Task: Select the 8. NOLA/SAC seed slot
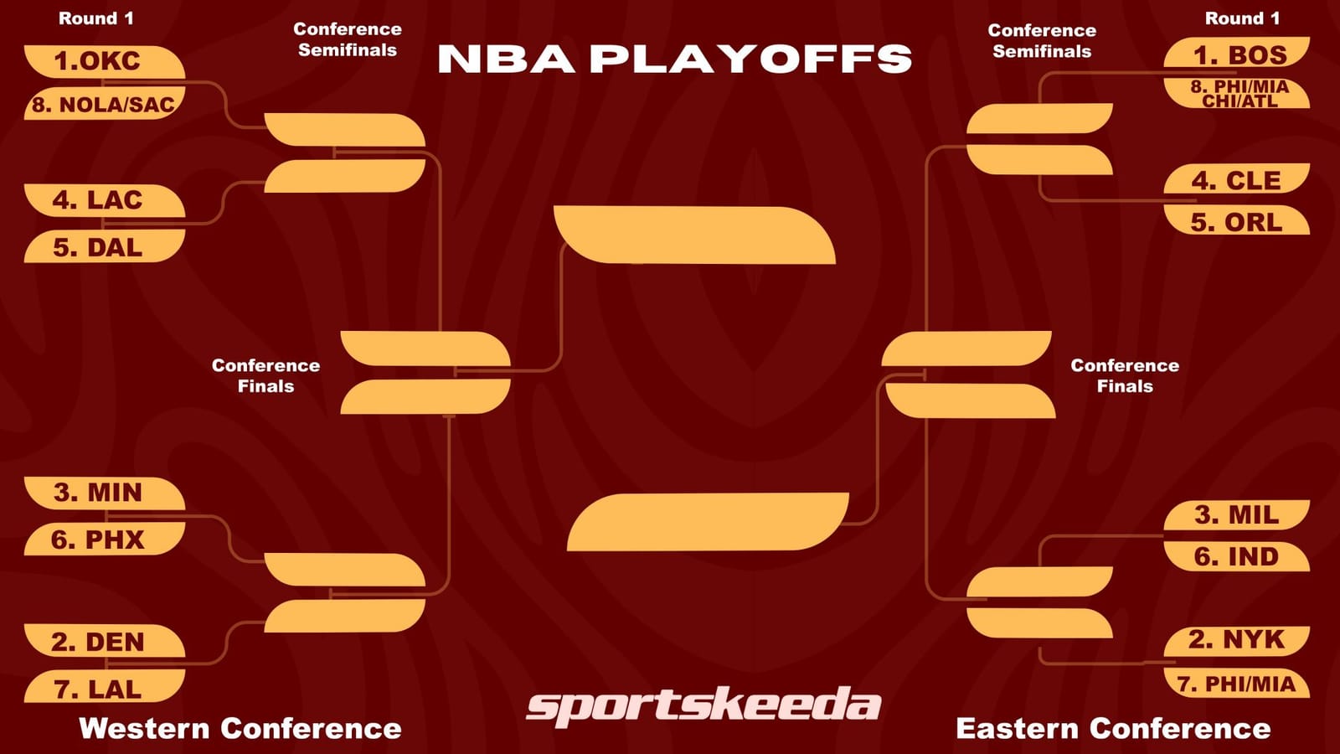[102, 105]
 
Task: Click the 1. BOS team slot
[1238, 54]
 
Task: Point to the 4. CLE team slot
[1236, 180]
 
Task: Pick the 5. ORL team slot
[1236, 222]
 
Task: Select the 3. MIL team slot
[1236, 514]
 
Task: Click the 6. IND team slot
[1236, 556]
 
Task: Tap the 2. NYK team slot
[1236, 640]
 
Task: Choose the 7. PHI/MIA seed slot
[1236, 684]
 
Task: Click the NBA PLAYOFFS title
[674, 59]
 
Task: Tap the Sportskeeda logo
[703, 705]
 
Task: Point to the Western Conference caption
[240, 728]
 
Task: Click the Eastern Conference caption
[1113, 728]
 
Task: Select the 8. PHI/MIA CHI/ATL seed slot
[1238, 94]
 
